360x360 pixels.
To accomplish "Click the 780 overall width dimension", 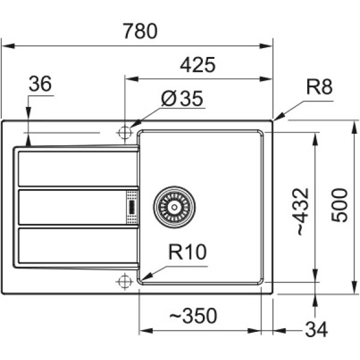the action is click(140, 31).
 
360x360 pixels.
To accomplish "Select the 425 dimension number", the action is click(197, 65).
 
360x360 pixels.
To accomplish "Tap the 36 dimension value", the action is click(40, 83).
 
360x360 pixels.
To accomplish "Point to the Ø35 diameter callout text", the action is click(182, 98).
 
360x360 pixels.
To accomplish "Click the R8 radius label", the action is click(319, 87).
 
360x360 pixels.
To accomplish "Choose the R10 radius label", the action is click(188, 252).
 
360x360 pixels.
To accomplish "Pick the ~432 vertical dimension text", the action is click(302, 212).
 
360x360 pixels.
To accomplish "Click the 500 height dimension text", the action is click(340, 205).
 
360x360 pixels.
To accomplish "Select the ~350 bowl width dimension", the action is click(193, 316).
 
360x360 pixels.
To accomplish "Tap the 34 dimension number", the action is click(316, 329).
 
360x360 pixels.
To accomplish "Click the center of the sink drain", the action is click(174, 207).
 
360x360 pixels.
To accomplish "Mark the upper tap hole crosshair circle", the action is click(125, 133).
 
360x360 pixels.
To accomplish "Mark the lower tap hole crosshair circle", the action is click(125, 281).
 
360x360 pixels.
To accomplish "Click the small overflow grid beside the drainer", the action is click(132, 207).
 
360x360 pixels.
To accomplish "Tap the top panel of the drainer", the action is click(77, 169).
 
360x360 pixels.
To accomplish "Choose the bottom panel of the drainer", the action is click(77, 245).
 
